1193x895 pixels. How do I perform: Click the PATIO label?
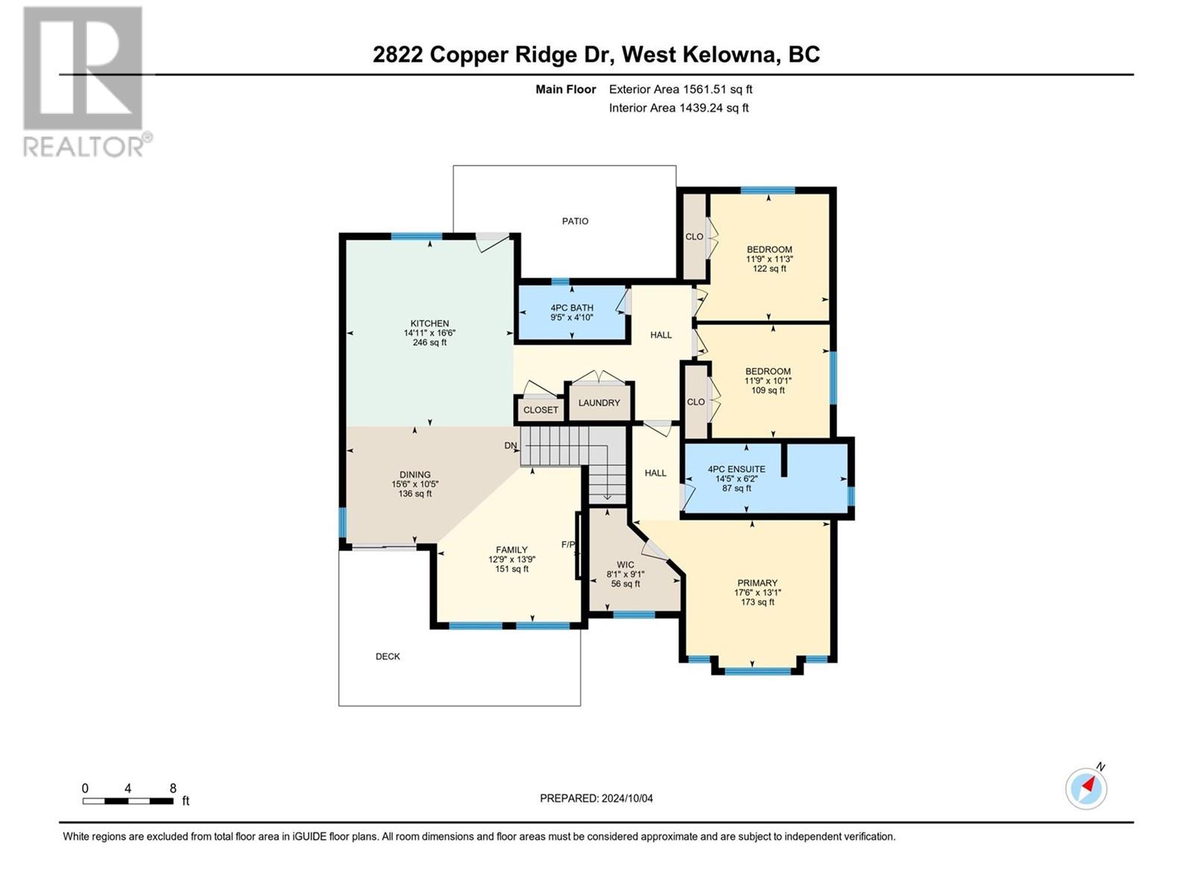575,222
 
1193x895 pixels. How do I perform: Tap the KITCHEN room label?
429,324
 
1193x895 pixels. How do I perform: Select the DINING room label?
415,474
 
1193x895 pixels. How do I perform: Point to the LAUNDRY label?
599,403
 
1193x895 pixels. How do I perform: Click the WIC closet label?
625,565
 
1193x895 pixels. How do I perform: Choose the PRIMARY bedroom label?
757,583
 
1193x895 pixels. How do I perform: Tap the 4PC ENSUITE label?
736,469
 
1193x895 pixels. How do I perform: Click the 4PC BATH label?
572,307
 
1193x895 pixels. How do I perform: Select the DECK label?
388,656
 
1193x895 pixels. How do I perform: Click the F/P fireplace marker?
568,544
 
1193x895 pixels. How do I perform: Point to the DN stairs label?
510,445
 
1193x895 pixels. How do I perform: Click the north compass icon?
1086,788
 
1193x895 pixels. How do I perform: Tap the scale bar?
128,801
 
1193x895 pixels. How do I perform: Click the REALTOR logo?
87,82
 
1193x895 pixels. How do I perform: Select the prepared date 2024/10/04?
627,798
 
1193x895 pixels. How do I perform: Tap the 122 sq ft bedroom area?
769,268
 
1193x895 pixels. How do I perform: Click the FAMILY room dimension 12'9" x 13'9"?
511,559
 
